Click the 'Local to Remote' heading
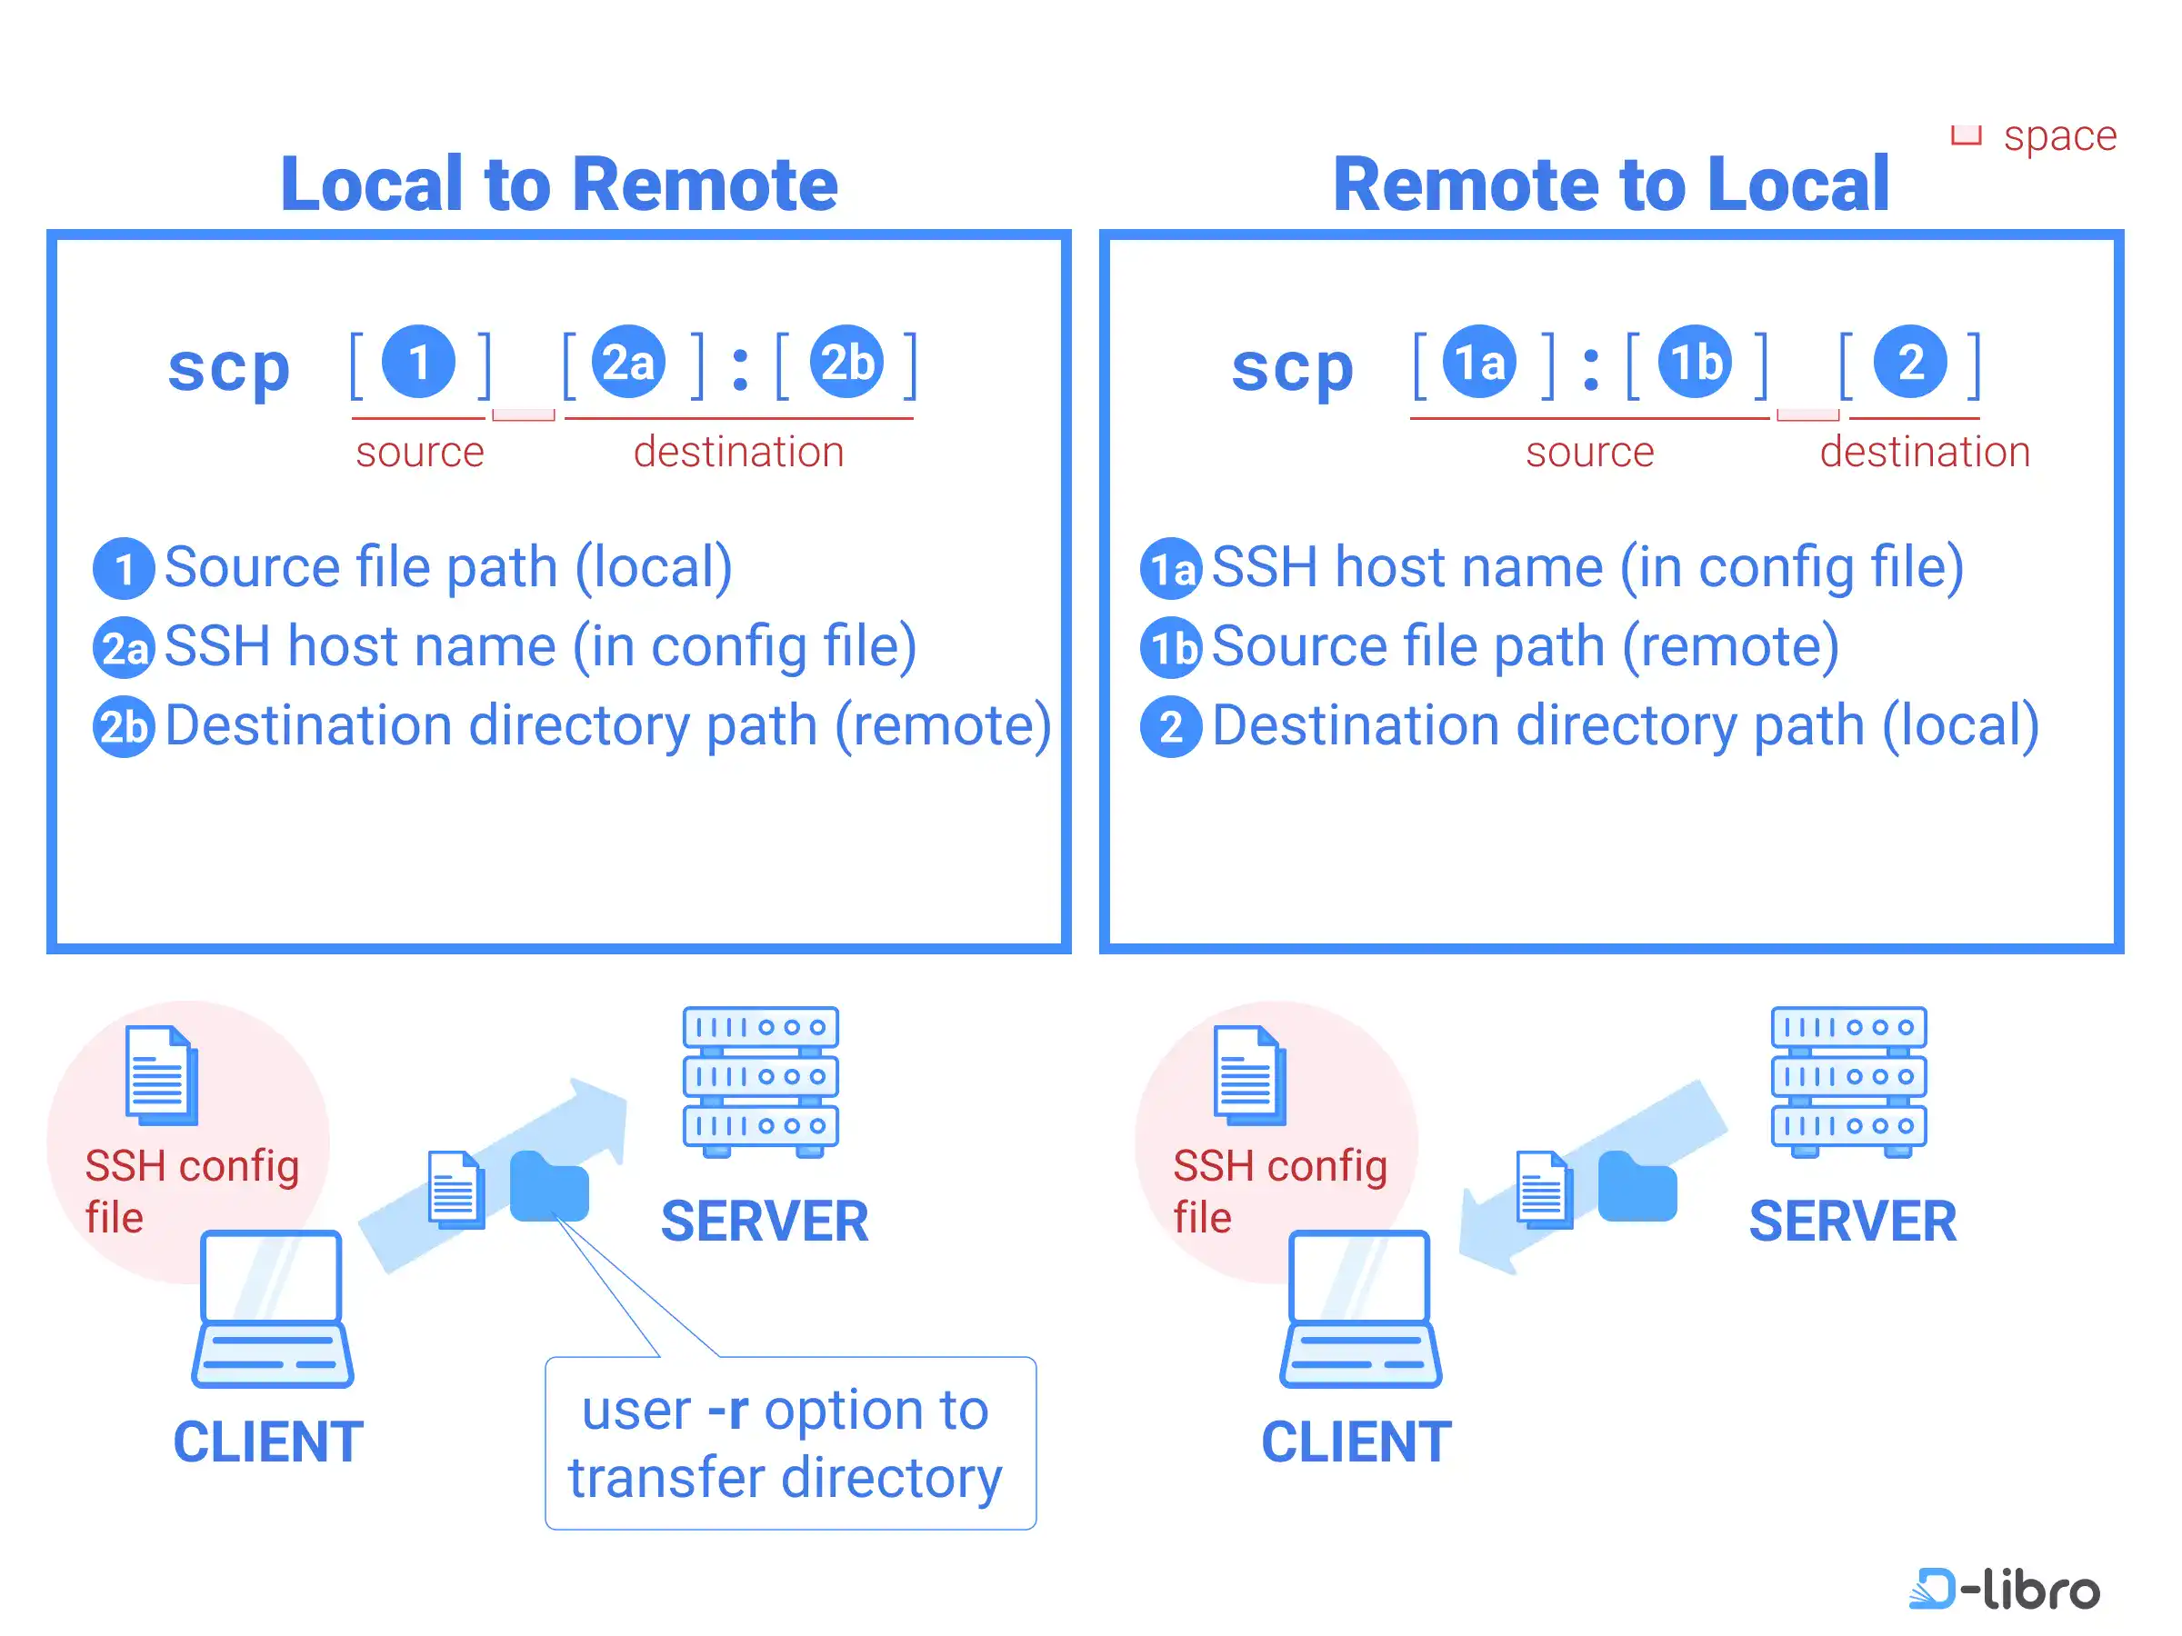point(558,185)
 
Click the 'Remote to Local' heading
point(1610,185)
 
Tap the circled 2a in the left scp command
point(628,362)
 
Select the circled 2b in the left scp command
point(846,362)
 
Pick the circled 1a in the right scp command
point(1478,362)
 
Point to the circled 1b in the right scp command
point(1695,362)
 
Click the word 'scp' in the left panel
point(229,367)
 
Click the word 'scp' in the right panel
point(1292,367)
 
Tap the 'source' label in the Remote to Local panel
point(1589,452)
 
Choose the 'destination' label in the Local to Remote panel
point(738,452)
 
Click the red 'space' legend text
point(2058,135)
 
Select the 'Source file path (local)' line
point(447,567)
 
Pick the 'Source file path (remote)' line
point(1524,647)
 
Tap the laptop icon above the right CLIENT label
point(1360,1308)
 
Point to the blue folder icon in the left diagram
point(549,1186)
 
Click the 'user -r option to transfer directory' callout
point(789,1442)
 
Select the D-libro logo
point(2005,1589)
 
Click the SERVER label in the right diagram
point(1852,1221)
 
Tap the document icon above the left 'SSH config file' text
point(161,1075)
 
